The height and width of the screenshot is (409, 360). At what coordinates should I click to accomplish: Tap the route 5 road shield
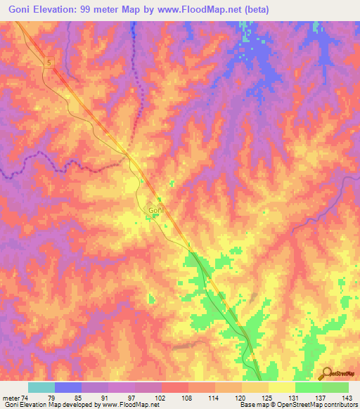pyautogui.click(x=49, y=63)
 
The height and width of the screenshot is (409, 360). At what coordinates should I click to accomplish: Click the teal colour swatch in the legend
pyautogui.click(x=41, y=387)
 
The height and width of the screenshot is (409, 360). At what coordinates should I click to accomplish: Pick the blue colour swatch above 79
pyautogui.click(x=68, y=387)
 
